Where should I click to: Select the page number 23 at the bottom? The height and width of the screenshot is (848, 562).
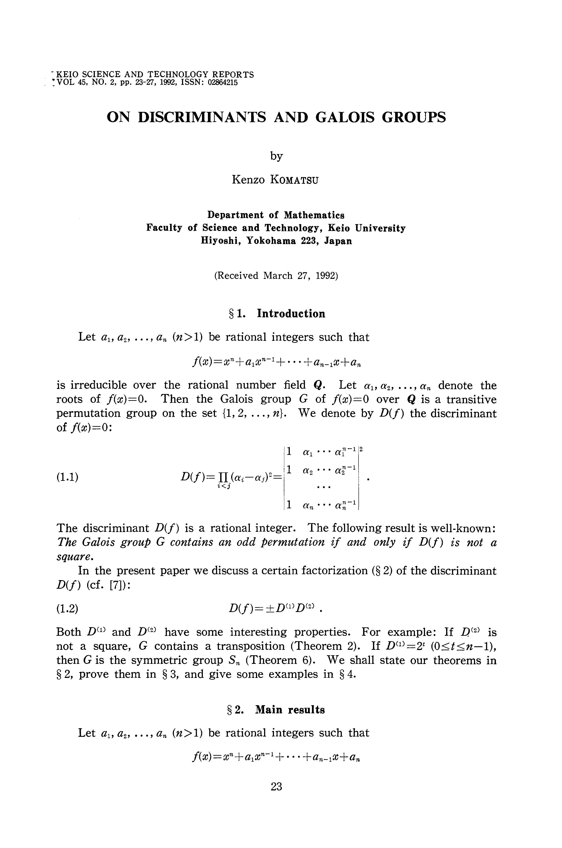click(276, 786)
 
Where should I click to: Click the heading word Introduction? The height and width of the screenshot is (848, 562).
click(291, 314)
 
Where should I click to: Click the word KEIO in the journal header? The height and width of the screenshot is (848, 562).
click(67, 75)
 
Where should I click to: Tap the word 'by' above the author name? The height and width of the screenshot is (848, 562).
click(276, 156)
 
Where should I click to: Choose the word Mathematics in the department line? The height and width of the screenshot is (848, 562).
click(314, 215)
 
